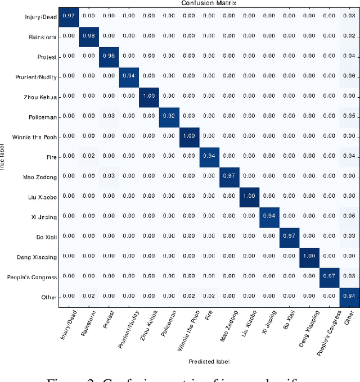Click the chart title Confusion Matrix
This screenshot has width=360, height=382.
209,3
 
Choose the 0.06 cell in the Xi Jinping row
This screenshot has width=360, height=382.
350,216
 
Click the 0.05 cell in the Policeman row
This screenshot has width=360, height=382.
350,116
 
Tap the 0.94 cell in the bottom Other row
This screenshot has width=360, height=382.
350,296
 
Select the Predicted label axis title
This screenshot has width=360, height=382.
209,361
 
